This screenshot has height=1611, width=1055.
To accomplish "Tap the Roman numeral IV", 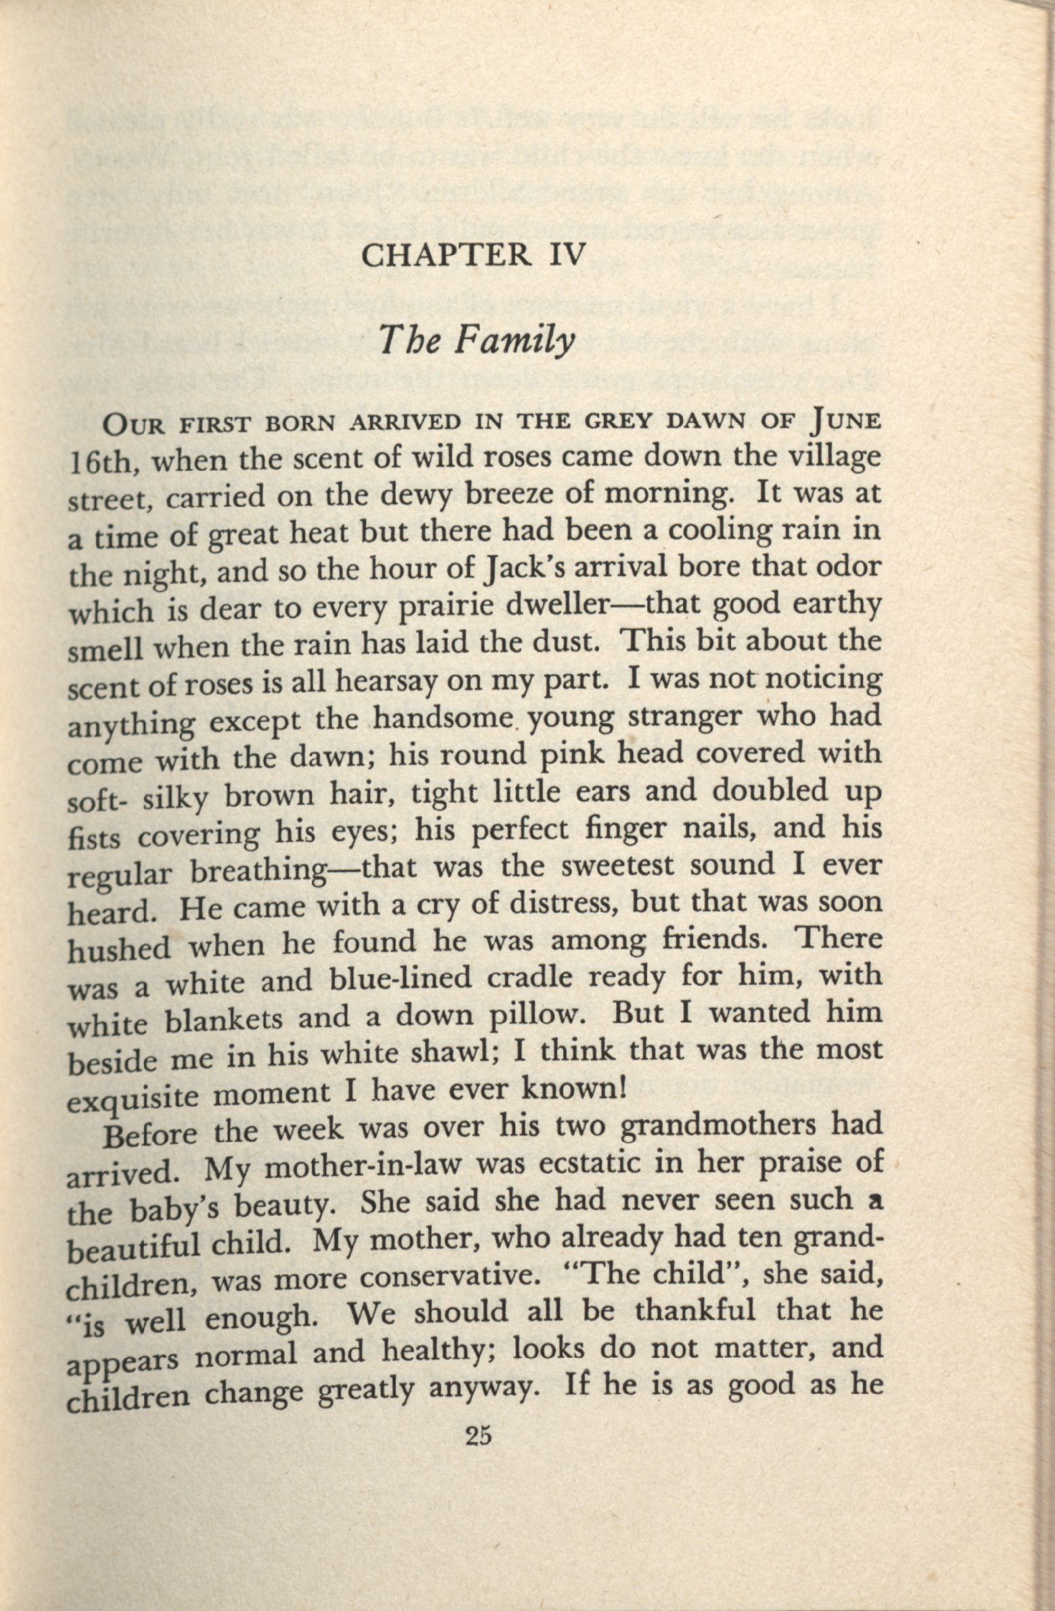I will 561,256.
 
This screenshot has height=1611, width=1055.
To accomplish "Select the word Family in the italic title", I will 513,340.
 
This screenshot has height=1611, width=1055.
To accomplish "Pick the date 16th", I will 105,462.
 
